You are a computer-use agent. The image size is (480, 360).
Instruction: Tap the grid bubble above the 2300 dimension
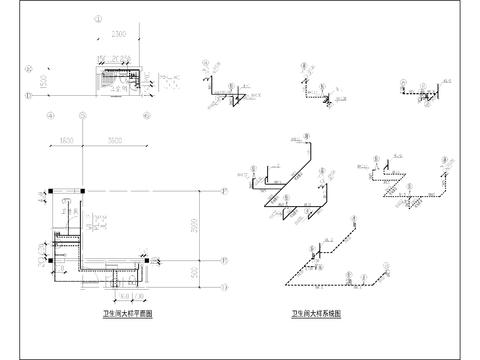(97, 18)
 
